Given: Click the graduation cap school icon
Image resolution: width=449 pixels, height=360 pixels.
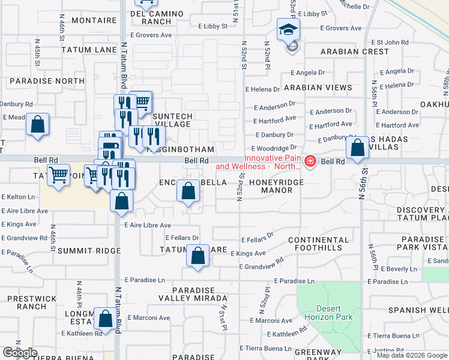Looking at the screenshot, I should click(x=288, y=29).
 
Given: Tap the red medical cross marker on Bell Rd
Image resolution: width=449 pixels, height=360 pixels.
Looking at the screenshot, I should click(x=310, y=161).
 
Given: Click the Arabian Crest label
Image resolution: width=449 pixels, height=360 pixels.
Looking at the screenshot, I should click(x=355, y=52).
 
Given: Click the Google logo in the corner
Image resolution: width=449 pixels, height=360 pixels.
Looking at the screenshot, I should click(x=20, y=353).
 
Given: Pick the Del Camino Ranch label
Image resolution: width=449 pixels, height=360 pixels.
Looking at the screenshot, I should click(x=148, y=17).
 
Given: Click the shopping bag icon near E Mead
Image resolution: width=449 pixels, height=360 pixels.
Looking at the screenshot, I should click(x=37, y=125).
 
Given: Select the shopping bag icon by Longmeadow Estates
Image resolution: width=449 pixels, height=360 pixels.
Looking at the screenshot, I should click(x=106, y=320).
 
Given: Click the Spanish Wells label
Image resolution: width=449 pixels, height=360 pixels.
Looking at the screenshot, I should click(x=418, y=310).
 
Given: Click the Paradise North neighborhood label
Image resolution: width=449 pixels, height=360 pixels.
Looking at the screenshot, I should click(x=47, y=81).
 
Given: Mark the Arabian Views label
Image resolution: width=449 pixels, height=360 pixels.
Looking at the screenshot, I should click(x=318, y=88).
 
